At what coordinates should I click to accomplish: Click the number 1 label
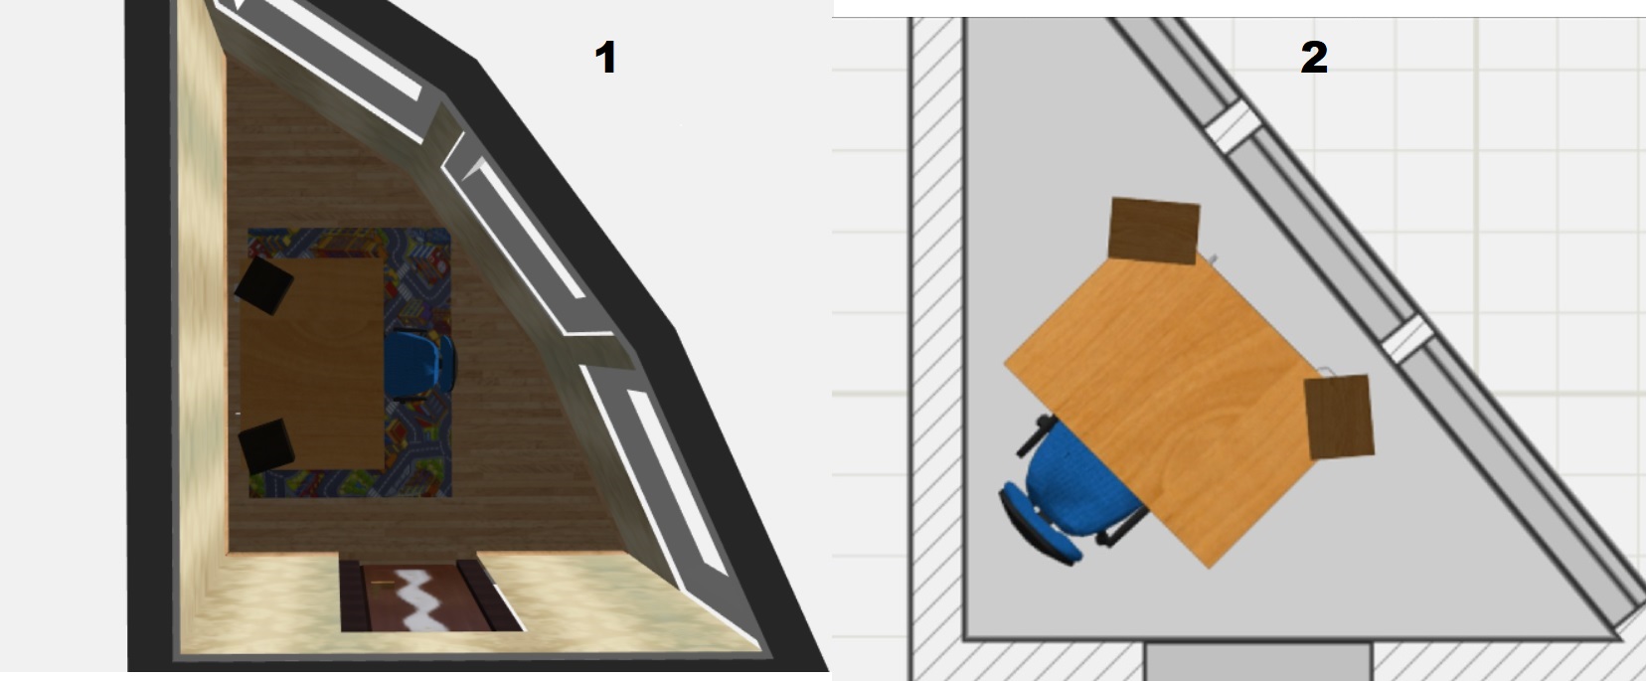604,58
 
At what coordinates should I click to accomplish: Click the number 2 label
1314,58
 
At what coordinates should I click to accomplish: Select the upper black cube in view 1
263,285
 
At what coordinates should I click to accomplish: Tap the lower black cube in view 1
266,446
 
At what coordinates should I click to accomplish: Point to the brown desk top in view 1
312,363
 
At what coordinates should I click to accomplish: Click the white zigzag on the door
425,599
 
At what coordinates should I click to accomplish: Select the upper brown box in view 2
1154,231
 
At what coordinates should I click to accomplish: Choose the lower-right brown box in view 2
1340,417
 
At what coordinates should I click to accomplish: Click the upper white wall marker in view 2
1234,125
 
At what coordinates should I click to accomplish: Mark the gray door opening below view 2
1257,661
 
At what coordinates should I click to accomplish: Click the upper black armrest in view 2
1036,433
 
